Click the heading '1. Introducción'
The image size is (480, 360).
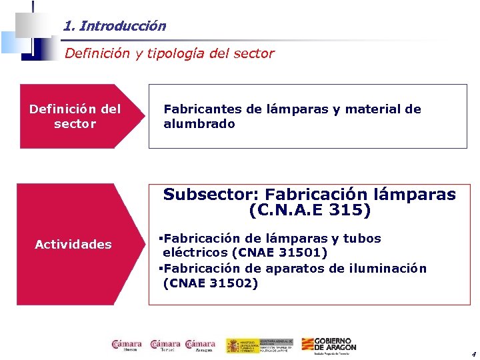tap(115, 27)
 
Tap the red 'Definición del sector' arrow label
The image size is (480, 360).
tap(75, 116)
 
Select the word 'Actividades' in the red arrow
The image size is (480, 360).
tap(73, 245)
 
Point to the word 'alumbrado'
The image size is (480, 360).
tap(199, 124)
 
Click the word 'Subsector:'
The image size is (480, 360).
tap(211, 195)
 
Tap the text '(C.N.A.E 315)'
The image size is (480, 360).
tap(309, 211)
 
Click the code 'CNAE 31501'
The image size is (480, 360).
tap(279, 253)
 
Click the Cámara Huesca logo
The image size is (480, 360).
tap(126, 345)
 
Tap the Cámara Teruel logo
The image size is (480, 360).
tap(165, 345)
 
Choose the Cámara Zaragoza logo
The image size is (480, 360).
tap(201, 345)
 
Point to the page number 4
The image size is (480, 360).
tap(473, 354)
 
